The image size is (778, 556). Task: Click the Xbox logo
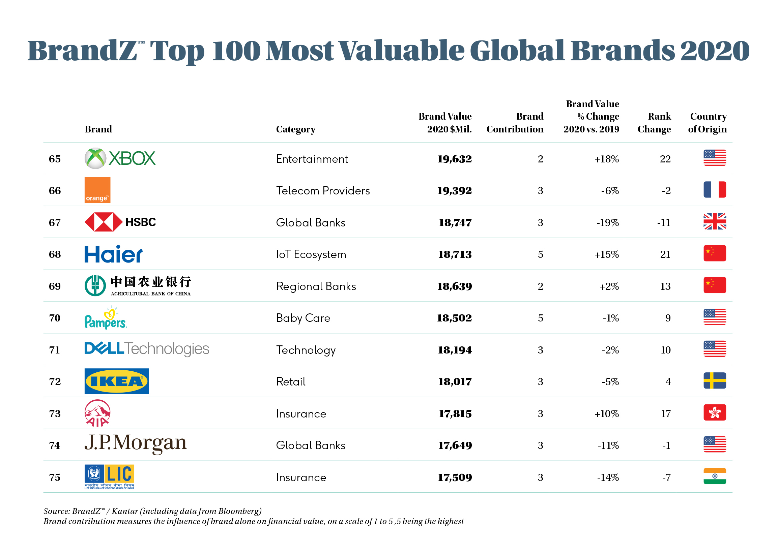pos(120,158)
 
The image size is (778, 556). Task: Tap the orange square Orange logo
pos(97,190)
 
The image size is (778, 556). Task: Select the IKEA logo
pos(116,381)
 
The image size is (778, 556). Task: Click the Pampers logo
pos(106,318)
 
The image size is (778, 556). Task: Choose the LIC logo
pos(109,476)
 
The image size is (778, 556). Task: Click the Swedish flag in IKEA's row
pos(714,380)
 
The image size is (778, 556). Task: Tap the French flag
pos(714,189)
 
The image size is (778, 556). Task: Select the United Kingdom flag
pos(714,221)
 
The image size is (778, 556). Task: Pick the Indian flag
pos(714,476)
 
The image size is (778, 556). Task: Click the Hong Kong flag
pos(714,412)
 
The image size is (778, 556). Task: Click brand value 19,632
pos(454,159)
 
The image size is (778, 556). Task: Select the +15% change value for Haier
pos(606,254)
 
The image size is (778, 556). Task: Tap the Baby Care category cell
pos(303,318)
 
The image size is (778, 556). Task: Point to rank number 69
pos(55,286)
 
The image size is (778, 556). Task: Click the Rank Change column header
pos(654,123)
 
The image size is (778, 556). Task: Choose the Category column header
pos(296,129)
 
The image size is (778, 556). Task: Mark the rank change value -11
pos(664,223)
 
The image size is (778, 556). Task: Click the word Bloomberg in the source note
pos(239,511)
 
